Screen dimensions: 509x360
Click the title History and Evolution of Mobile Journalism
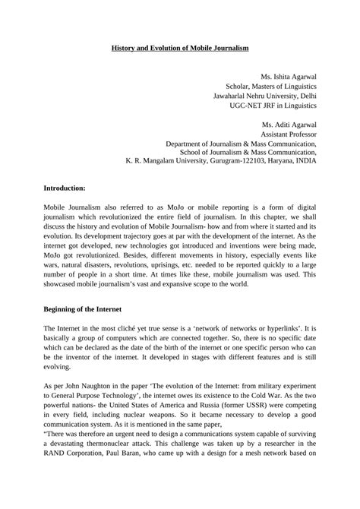pyautogui.click(x=179, y=48)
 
